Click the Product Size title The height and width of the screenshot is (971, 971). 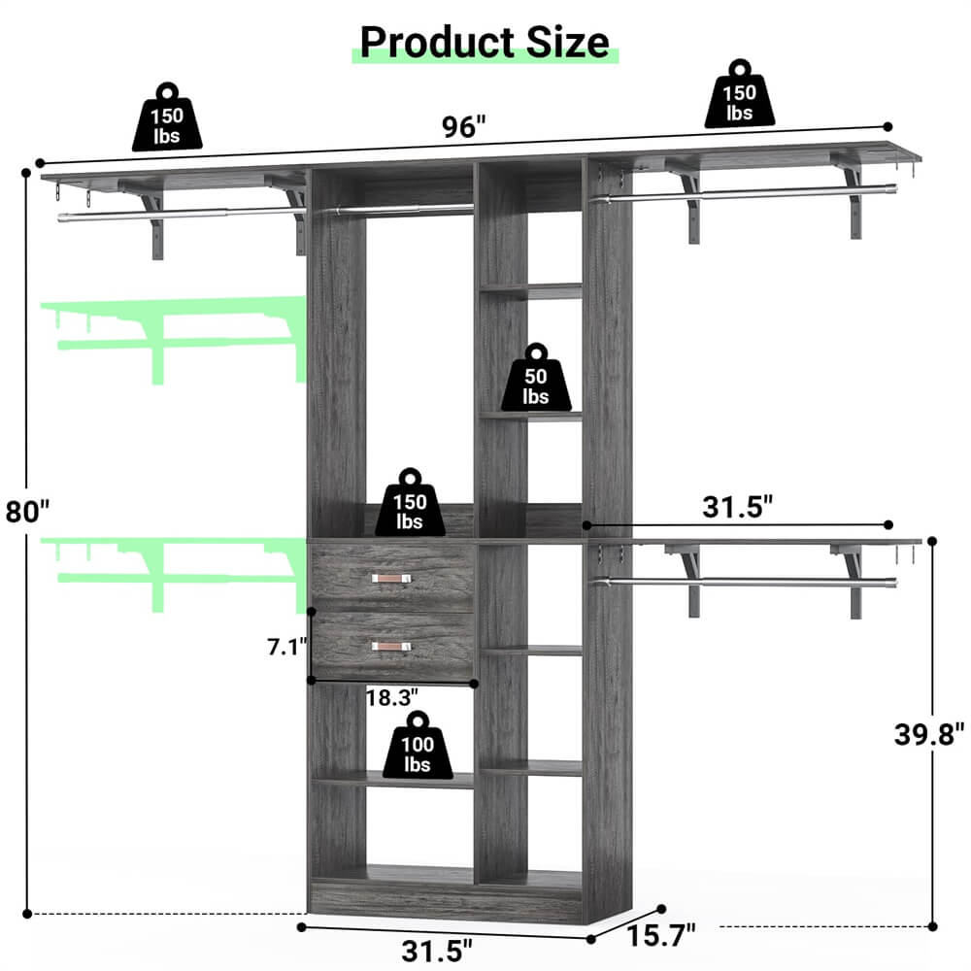pyautogui.click(x=485, y=42)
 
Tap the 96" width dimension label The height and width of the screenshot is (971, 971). pyautogui.click(x=462, y=127)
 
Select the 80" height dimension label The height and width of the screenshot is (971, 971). pyautogui.click(x=26, y=512)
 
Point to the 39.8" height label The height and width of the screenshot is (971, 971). pyautogui.click(x=929, y=733)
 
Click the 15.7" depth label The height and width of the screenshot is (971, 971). pyautogui.click(x=663, y=937)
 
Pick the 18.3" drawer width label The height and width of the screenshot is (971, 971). pyautogui.click(x=392, y=697)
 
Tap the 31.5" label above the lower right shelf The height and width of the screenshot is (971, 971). pyautogui.click(x=738, y=506)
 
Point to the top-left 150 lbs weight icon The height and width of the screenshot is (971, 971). pyautogui.click(x=167, y=117)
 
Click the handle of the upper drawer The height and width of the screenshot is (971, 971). pyautogui.click(x=392, y=579)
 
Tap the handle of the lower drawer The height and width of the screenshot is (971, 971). pyautogui.click(x=392, y=646)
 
